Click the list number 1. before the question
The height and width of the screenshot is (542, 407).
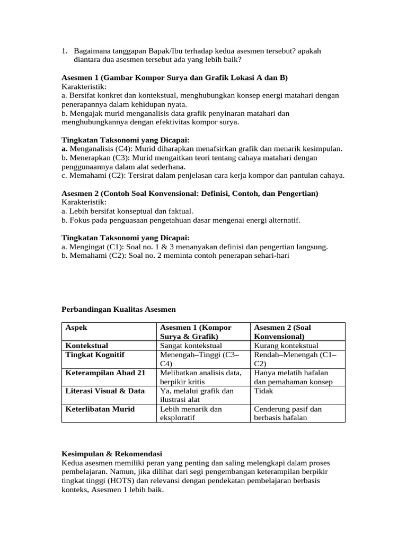(64, 51)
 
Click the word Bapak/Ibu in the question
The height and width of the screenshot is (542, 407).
(156, 51)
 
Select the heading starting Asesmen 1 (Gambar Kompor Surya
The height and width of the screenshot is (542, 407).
(174, 77)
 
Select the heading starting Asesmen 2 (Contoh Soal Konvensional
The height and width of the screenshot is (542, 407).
(190, 194)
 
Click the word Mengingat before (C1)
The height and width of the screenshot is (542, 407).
(86, 247)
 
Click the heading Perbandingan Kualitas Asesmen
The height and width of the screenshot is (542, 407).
(118, 309)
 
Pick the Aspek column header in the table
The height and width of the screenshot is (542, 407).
(76, 328)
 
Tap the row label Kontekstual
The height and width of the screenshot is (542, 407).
(87, 346)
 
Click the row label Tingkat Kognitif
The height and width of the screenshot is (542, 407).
(94, 355)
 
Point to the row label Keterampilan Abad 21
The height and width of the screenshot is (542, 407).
(105, 373)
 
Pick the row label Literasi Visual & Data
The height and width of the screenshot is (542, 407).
(105, 391)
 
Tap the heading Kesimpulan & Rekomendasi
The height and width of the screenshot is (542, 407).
(111, 454)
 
